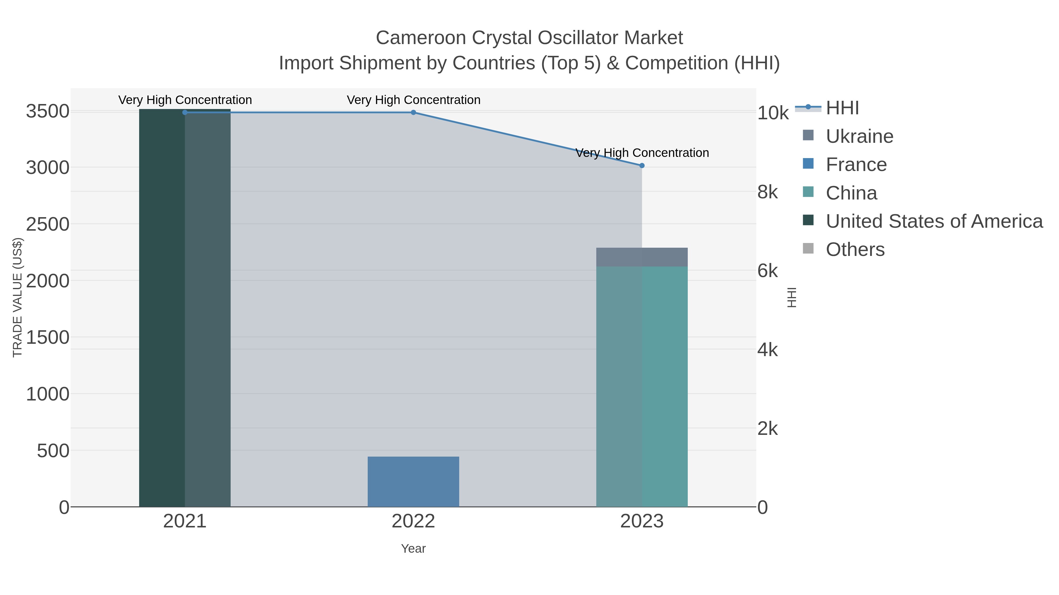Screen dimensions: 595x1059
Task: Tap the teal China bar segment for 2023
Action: [642, 386]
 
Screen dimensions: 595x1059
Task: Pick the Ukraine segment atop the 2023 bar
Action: [642, 257]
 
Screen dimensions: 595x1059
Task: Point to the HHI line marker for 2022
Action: [413, 112]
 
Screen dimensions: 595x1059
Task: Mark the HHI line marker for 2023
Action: [642, 165]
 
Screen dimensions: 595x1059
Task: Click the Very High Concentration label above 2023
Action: [642, 153]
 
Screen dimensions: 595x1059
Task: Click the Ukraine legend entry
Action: [859, 136]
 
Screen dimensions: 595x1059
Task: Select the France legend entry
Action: [856, 165]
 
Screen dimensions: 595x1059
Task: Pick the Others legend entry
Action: [855, 250]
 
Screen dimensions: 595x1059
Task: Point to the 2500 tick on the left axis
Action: [47, 224]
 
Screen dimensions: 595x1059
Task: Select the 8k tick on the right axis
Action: [767, 192]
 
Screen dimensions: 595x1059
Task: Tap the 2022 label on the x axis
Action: [413, 522]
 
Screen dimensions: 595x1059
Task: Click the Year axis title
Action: [413, 549]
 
